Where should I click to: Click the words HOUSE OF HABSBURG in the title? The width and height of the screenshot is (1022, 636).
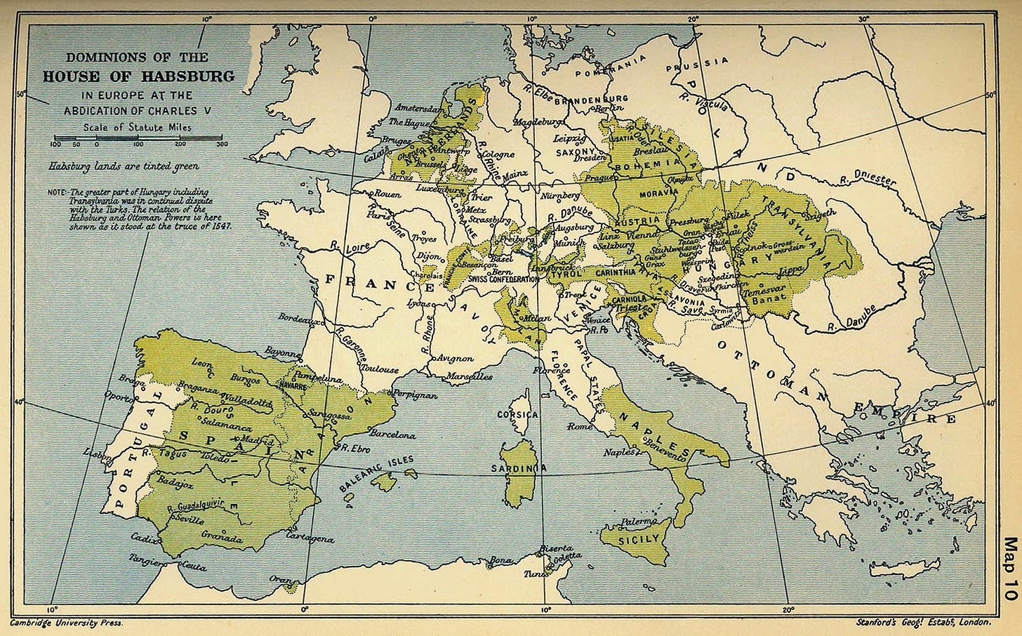coord(138,77)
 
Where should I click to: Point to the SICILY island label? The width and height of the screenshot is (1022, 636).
coord(639,538)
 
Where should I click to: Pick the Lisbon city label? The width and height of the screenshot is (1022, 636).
coord(97,454)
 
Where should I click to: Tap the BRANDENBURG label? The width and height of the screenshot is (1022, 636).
coord(595,98)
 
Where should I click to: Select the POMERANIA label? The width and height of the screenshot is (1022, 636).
coord(609,67)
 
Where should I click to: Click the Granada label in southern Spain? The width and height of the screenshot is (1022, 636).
coord(225,539)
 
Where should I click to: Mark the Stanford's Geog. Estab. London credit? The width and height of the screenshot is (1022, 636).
coord(922,623)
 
